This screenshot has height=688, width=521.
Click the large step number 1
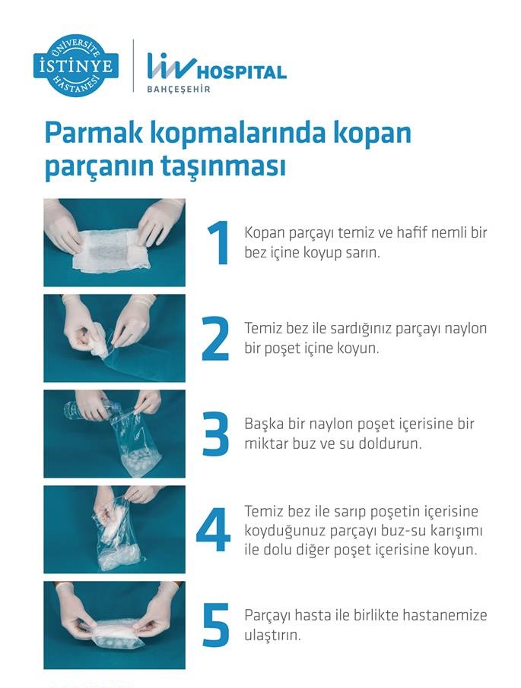pos(218,243)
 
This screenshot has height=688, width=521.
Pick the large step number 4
pos(214,530)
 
